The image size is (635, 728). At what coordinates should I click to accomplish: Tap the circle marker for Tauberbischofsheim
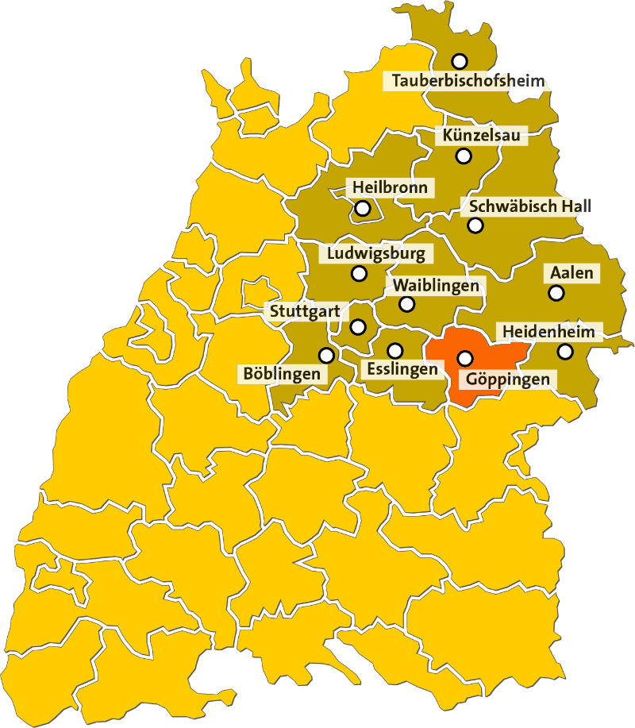459,61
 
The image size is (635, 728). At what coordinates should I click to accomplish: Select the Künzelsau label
482,137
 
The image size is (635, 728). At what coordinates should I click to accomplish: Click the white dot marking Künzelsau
464,156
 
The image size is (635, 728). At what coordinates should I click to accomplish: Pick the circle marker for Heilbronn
363,209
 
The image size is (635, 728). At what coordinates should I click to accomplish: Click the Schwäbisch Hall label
529,206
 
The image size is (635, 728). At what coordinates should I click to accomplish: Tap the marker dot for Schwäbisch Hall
475,225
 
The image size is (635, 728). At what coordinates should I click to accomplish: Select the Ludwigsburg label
376,254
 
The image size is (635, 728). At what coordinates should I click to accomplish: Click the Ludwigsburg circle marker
359,274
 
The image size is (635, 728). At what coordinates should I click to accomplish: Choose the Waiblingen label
436,285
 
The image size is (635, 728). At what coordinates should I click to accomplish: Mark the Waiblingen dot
406,303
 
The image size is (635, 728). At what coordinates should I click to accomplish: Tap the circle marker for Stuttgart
358,326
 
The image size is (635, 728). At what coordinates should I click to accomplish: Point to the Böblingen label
282,373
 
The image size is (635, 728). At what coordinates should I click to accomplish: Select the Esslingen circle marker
394,350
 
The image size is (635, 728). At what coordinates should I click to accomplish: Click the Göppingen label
506,379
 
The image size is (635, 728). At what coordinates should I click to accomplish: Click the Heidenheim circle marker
564,351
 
